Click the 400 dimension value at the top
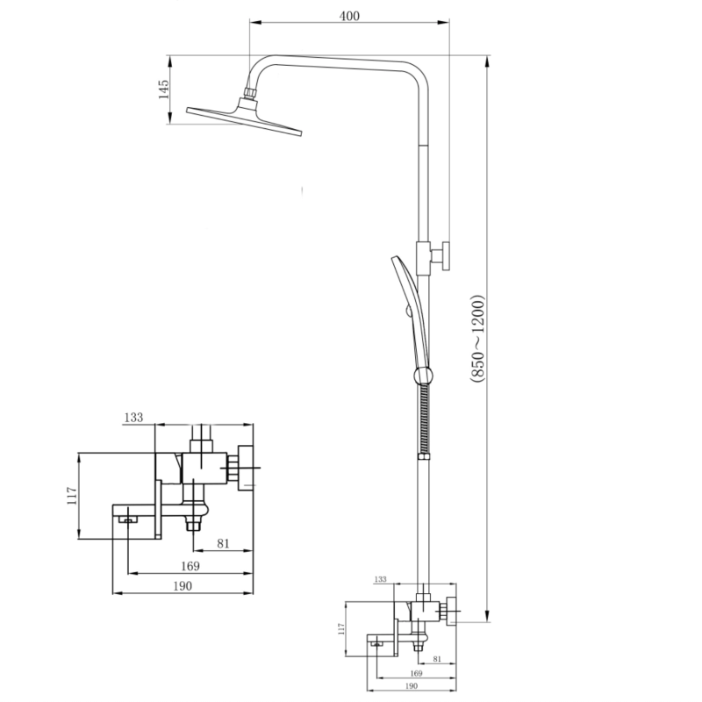(x=349, y=16)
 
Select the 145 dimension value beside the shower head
(x=164, y=90)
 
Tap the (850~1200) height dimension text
(x=477, y=339)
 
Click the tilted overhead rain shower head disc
(x=245, y=120)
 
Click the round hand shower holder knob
(x=423, y=376)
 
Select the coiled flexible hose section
(x=424, y=419)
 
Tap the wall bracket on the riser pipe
(x=433, y=256)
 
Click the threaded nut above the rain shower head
(x=250, y=93)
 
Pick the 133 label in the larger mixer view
(x=133, y=418)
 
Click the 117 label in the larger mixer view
(x=72, y=496)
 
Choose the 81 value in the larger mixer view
(x=223, y=543)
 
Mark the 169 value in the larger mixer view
(x=190, y=566)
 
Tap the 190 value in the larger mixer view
(x=183, y=586)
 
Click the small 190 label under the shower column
(x=411, y=686)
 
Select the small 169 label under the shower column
(x=416, y=673)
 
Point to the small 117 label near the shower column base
(x=341, y=629)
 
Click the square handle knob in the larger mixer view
(x=246, y=468)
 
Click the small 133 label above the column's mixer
(x=380, y=579)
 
